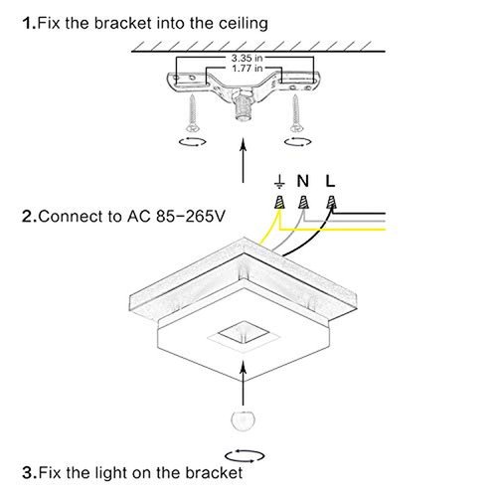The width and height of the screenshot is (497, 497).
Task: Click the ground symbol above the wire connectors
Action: click(x=281, y=181)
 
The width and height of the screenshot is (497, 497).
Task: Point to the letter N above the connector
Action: click(x=306, y=181)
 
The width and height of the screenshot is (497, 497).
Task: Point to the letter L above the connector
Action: click(x=331, y=181)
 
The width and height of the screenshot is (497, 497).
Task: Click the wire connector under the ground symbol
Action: click(x=282, y=203)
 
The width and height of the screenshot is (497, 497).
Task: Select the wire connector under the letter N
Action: click(x=306, y=203)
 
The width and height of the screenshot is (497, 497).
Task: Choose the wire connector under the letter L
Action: click(x=331, y=203)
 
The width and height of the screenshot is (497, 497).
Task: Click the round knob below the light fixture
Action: click(x=241, y=419)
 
